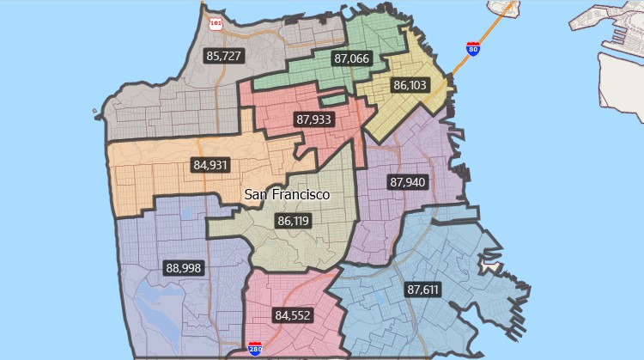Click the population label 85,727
point(224,56)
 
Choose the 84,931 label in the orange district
point(211,164)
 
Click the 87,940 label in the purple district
point(407,182)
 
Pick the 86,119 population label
point(293,221)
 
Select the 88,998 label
point(184,268)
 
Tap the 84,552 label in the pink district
point(293,315)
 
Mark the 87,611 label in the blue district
point(423,290)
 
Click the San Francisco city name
point(287,195)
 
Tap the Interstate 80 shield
point(473,48)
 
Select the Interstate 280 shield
point(254,349)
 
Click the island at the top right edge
point(505,7)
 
